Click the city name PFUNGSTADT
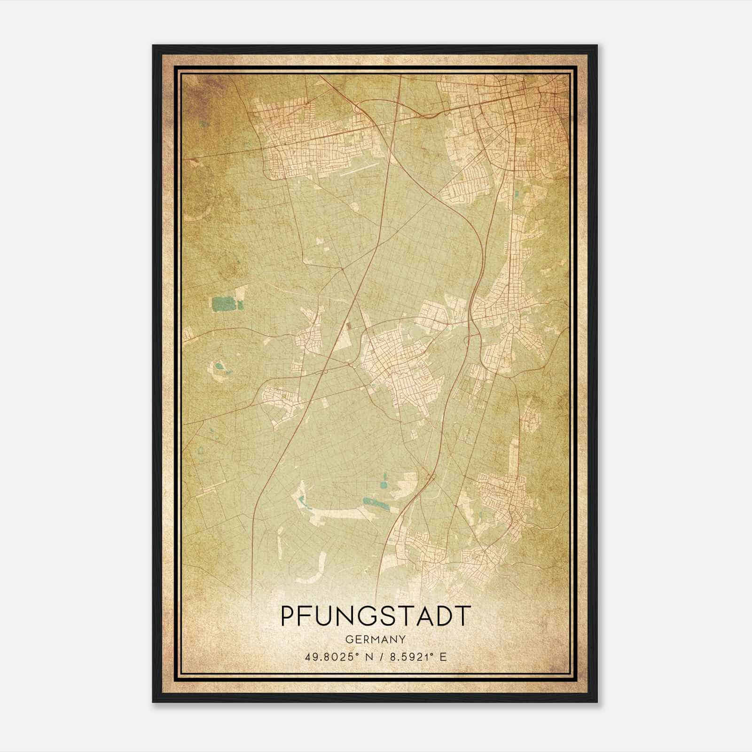click(x=376, y=616)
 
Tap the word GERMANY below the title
click(x=376, y=639)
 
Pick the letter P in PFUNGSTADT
click(x=288, y=616)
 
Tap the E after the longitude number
click(x=442, y=657)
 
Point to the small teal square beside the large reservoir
click(x=241, y=305)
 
